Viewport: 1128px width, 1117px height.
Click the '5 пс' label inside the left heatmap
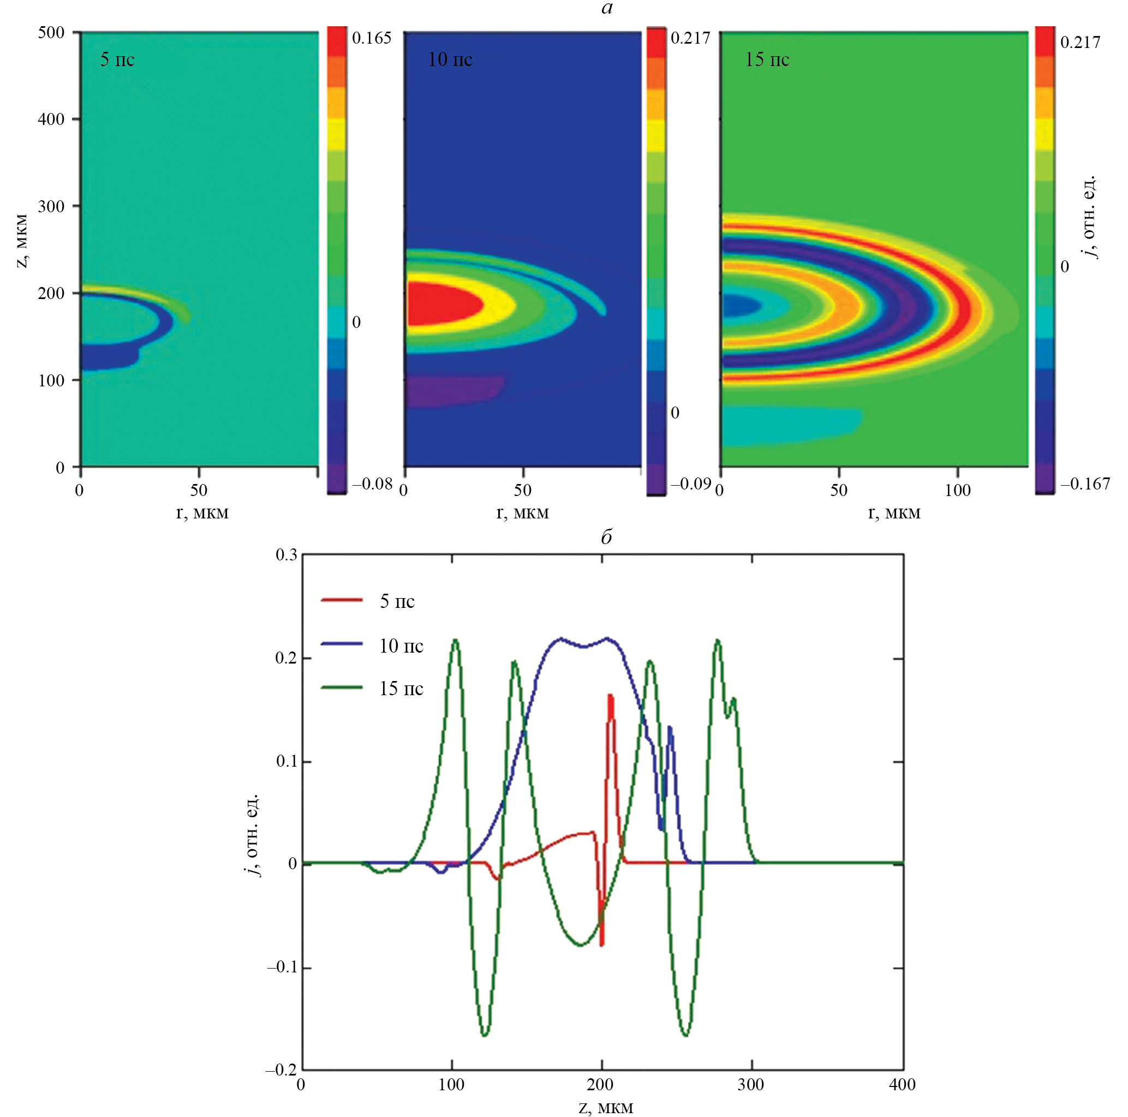click(117, 59)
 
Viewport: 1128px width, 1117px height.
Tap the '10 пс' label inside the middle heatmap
click(450, 59)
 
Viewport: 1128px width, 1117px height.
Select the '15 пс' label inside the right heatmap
click(767, 59)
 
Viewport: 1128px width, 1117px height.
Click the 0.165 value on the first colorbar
click(371, 39)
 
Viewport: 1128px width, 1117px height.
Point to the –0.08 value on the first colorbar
click(372, 483)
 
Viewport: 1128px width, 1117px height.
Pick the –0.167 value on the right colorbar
click(1085, 483)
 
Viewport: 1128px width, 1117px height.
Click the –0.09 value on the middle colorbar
click(690, 483)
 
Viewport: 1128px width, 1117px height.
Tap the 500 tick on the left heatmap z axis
click(51, 33)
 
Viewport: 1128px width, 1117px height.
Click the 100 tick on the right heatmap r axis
click(958, 490)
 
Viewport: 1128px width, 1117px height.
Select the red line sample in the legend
click(342, 600)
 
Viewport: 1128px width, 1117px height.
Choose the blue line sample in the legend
click(342, 644)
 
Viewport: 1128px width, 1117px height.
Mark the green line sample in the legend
click(342, 688)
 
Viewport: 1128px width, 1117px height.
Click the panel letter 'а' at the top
click(607, 8)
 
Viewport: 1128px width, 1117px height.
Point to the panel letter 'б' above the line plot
click(607, 536)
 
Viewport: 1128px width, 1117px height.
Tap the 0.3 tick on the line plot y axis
click(286, 555)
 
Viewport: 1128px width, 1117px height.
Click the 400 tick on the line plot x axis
click(902, 1085)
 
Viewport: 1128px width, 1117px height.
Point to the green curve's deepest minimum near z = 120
click(485, 1035)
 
